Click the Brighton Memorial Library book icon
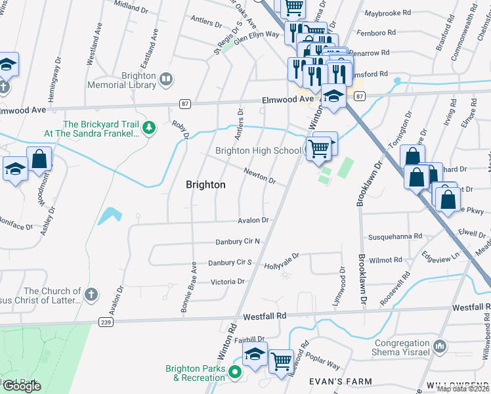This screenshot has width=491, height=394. [x=166, y=80]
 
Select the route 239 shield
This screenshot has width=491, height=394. [x=106, y=322]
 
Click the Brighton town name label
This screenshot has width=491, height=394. [x=205, y=185]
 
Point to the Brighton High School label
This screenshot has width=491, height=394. [x=258, y=151]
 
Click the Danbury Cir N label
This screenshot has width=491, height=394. [x=238, y=242]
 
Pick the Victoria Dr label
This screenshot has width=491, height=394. [x=227, y=282]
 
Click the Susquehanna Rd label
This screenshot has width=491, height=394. [x=395, y=236]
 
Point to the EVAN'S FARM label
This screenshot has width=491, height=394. [x=345, y=382]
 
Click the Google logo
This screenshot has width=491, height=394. [x=22, y=386]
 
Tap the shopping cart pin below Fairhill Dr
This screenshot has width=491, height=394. [x=281, y=360]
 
